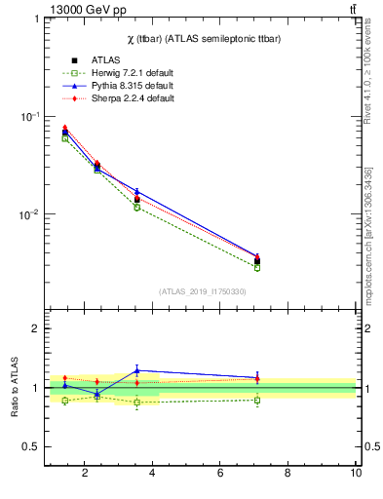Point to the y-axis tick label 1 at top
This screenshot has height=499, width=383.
(36, 19)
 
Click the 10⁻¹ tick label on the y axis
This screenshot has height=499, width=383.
(29, 116)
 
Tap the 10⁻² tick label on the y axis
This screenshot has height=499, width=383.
(29, 214)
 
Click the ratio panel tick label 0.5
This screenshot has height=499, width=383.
(31, 446)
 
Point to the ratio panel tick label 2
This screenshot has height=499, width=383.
(36, 329)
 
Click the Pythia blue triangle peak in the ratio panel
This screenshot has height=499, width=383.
(137, 370)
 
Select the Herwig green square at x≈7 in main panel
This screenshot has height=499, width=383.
(257, 267)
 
